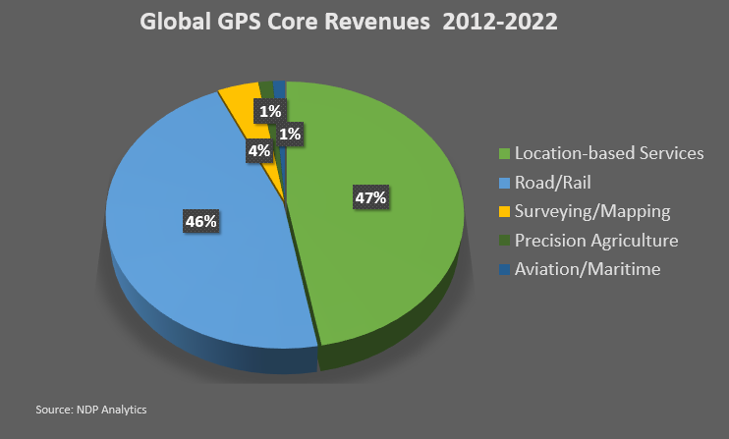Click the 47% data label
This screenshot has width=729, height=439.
pyautogui.click(x=370, y=198)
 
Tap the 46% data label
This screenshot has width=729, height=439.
pyautogui.click(x=200, y=222)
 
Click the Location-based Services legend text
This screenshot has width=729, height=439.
pyautogui.click(x=608, y=154)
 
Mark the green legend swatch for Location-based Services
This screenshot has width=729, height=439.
pyautogui.click(x=505, y=154)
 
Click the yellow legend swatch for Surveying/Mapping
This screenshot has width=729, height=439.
pyautogui.click(x=505, y=211)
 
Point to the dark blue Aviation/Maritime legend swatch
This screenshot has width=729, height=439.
pyautogui.click(x=505, y=268)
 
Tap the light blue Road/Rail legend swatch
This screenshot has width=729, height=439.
pyautogui.click(x=505, y=183)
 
